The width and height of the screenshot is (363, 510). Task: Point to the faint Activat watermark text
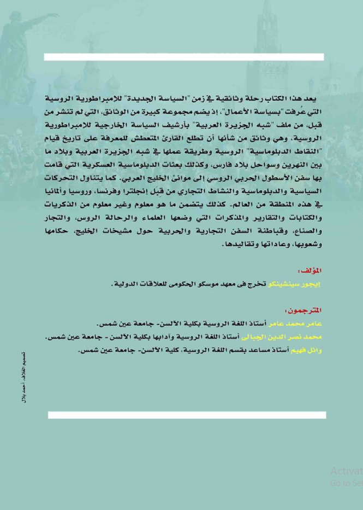346,471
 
